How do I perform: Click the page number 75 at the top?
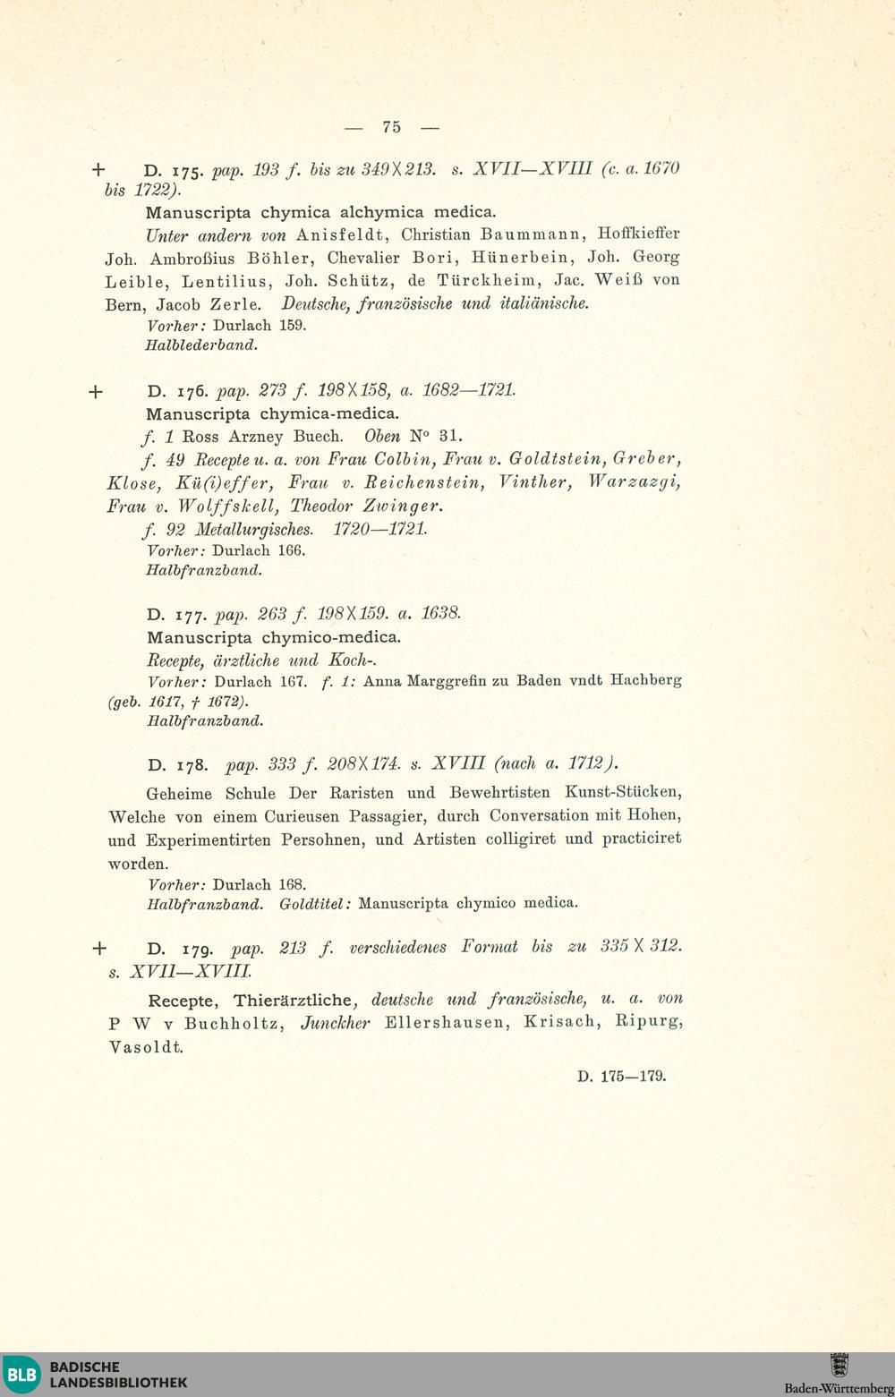392,127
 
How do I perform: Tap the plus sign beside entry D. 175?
98,169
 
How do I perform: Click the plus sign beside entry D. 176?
97,392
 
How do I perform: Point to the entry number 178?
192,765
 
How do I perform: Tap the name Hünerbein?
520,258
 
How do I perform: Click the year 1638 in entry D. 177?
440,614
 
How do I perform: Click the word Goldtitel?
314,904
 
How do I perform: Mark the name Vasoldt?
146,1047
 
